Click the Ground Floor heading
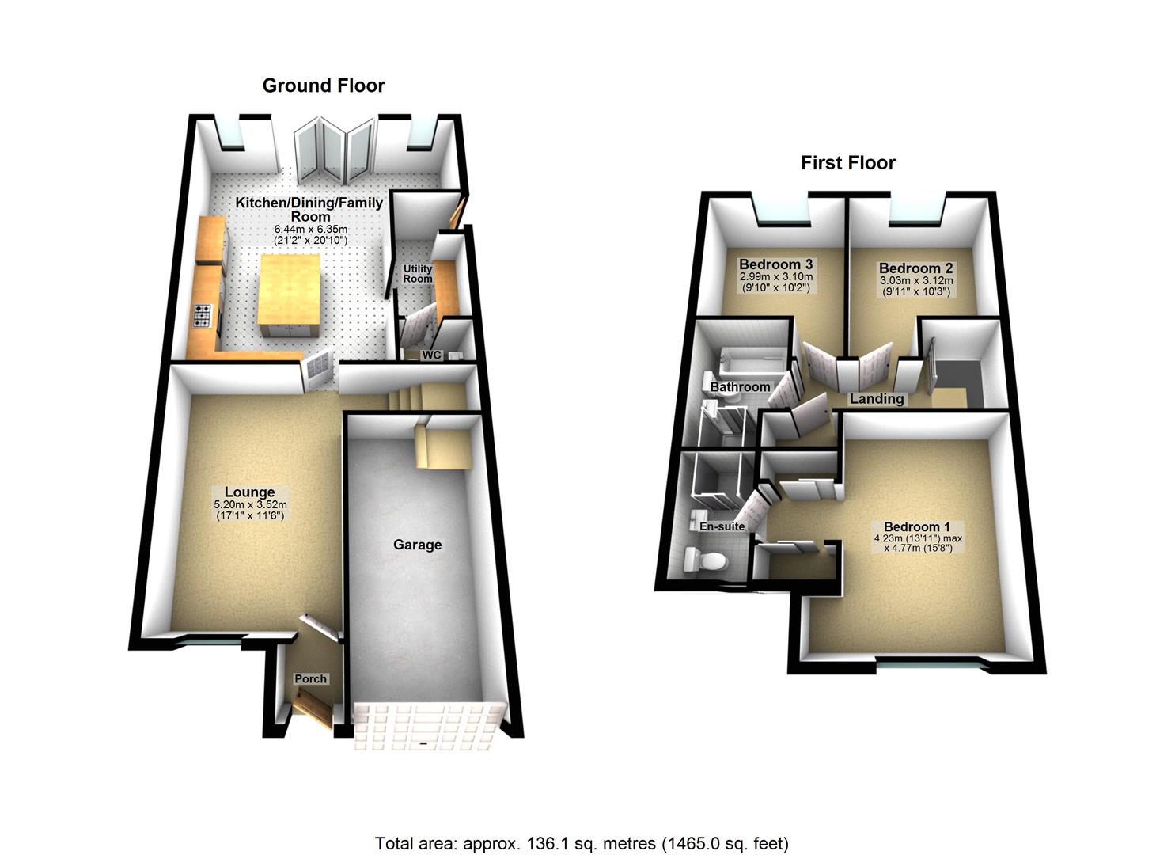[x=324, y=85]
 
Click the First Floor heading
[x=847, y=163]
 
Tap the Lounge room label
[x=248, y=492]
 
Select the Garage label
[x=418, y=545]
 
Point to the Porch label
[x=310, y=678]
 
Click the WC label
[x=431, y=355]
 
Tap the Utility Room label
[x=418, y=274]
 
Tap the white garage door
[x=428, y=727]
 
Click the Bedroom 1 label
[x=917, y=527]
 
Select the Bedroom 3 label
[x=776, y=264]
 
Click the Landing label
[x=877, y=399]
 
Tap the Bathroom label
[x=740, y=387]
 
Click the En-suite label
[x=722, y=526]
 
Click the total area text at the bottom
[x=581, y=843]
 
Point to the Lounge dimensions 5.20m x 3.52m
[x=250, y=505]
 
